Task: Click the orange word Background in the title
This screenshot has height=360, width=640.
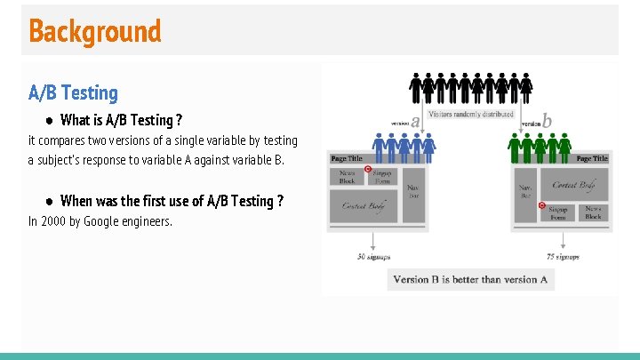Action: click(95, 31)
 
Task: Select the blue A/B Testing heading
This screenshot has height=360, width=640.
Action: click(73, 92)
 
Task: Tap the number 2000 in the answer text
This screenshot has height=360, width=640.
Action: click(53, 221)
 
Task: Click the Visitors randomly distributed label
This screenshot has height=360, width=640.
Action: click(471, 115)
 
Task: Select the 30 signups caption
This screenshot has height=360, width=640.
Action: click(374, 257)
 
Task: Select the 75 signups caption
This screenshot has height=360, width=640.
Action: click(562, 257)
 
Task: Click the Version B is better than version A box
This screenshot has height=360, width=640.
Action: click(470, 279)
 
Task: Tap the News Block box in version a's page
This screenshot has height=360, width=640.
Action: click(348, 177)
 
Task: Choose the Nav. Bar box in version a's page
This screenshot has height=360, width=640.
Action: click(414, 191)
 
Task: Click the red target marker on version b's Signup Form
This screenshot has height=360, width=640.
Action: click(542, 205)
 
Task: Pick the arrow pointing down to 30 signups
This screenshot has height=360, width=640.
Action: click(373, 242)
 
